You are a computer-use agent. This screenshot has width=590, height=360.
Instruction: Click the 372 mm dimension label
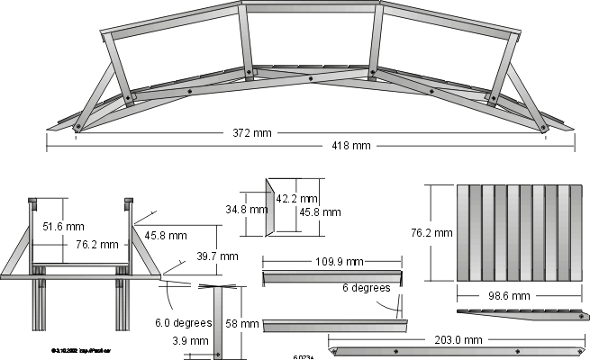point(250,134)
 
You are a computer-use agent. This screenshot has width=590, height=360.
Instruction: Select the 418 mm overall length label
point(350,146)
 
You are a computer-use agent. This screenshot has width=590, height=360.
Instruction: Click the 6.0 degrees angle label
point(183,322)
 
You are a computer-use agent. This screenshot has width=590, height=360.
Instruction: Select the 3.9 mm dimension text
point(196,341)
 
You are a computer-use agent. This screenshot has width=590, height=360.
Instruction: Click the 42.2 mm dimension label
point(297,198)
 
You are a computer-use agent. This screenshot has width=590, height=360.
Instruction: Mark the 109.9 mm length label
point(315,262)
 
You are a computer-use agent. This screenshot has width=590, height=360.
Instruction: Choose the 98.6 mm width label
point(508,295)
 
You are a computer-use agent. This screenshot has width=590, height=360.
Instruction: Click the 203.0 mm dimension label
point(459,339)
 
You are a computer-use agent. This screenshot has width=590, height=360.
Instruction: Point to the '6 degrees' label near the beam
point(366,289)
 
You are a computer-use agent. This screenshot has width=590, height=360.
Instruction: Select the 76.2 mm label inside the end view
point(97,244)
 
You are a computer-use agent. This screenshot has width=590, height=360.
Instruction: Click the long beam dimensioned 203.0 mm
point(458,350)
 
